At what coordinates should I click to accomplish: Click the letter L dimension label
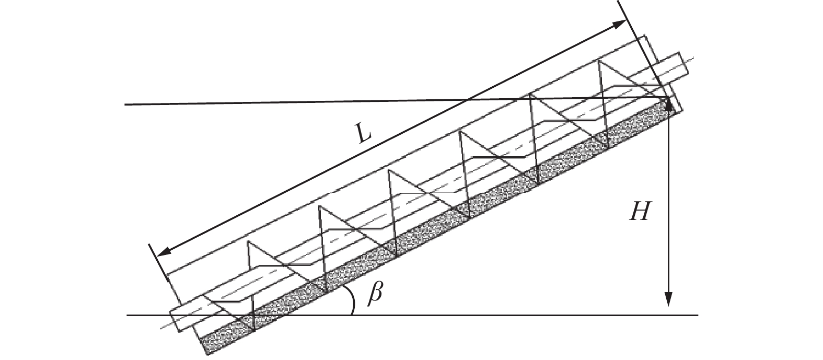(361, 135)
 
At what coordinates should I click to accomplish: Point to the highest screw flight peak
(599, 62)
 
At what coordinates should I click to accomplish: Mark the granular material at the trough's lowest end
(219, 339)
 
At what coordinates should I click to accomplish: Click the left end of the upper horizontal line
(126, 105)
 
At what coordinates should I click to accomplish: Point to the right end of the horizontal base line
(697, 315)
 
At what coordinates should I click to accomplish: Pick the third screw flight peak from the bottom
(389, 171)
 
